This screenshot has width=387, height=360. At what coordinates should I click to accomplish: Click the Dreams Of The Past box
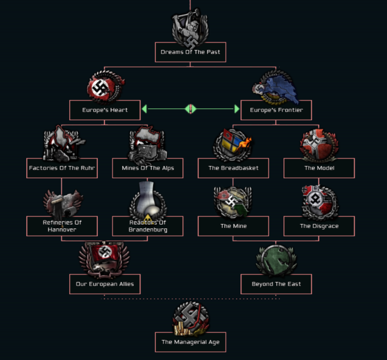tap(190, 52)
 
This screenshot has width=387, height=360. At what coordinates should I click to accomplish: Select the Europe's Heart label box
tap(105, 110)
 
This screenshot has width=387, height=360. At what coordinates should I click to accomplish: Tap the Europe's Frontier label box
tap(276, 110)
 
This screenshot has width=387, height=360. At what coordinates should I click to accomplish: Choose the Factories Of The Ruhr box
tap(62, 168)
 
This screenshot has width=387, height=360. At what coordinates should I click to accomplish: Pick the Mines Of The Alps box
tap(148, 168)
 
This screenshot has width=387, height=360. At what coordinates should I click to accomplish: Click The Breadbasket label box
tap(233, 168)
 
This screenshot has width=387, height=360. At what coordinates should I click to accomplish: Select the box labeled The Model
tap(319, 168)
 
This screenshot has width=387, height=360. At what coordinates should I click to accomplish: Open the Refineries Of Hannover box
tap(62, 226)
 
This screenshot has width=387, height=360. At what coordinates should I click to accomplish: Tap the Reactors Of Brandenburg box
tap(148, 226)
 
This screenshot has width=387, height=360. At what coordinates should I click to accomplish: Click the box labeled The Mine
tap(233, 226)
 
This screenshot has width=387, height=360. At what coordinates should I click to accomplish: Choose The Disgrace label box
tap(319, 226)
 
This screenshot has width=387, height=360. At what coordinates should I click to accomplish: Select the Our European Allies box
tap(105, 284)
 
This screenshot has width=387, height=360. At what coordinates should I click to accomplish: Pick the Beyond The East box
tap(276, 284)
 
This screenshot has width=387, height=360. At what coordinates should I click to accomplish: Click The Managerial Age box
tap(190, 342)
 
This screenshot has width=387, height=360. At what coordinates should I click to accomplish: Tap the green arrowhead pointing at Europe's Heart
tap(144, 109)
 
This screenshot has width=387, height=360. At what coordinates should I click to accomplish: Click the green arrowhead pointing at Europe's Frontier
tap(237, 109)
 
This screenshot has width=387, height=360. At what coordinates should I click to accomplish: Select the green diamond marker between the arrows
tap(191, 109)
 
